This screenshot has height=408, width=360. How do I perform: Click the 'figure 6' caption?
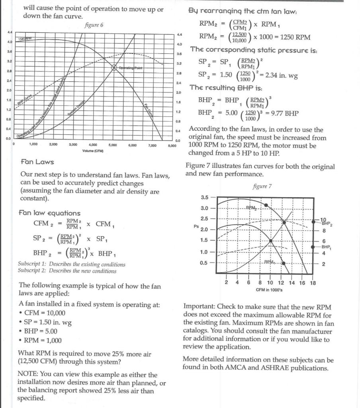pyautogui.click(x=94, y=25)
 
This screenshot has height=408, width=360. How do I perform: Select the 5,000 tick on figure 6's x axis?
pyautogui.click(x=113, y=145)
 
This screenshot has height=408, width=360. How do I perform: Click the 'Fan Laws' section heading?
pyautogui.click(x=37, y=162)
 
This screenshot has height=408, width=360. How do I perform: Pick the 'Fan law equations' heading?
pyautogui.click(x=49, y=213)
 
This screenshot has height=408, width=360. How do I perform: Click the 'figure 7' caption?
pyautogui.click(x=262, y=186)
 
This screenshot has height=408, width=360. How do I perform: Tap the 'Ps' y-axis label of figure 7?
pyautogui.click(x=196, y=226)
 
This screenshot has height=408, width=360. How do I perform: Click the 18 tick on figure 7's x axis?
pyautogui.click(x=313, y=283)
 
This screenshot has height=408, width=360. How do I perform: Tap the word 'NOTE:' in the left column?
pyautogui.click(x=29, y=375)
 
